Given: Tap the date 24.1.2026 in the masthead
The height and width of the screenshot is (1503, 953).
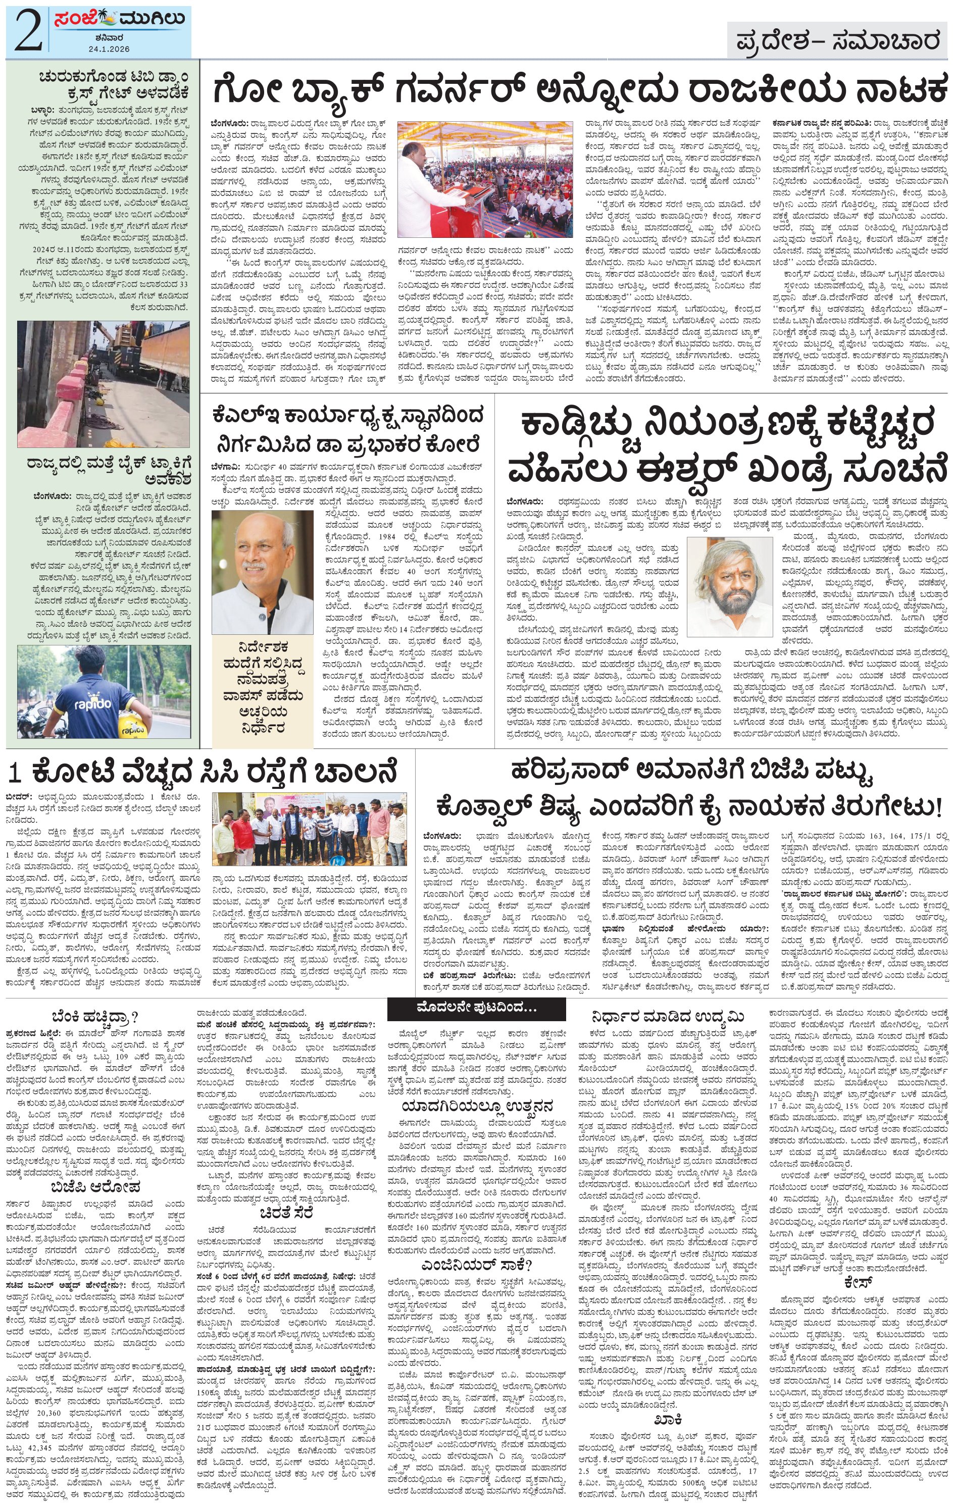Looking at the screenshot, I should (109, 48).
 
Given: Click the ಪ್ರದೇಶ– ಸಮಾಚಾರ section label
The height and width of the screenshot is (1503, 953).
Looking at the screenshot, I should (837, 41).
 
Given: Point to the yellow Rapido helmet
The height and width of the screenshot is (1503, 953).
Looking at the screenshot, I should (133, 723).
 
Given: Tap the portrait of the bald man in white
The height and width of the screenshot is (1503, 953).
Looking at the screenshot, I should (262, 571).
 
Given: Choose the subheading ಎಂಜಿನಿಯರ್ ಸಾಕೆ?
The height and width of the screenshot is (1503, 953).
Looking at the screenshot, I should (476, 1265).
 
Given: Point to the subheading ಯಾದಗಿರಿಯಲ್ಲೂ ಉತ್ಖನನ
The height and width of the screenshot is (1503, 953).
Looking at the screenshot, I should (476, 1107).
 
